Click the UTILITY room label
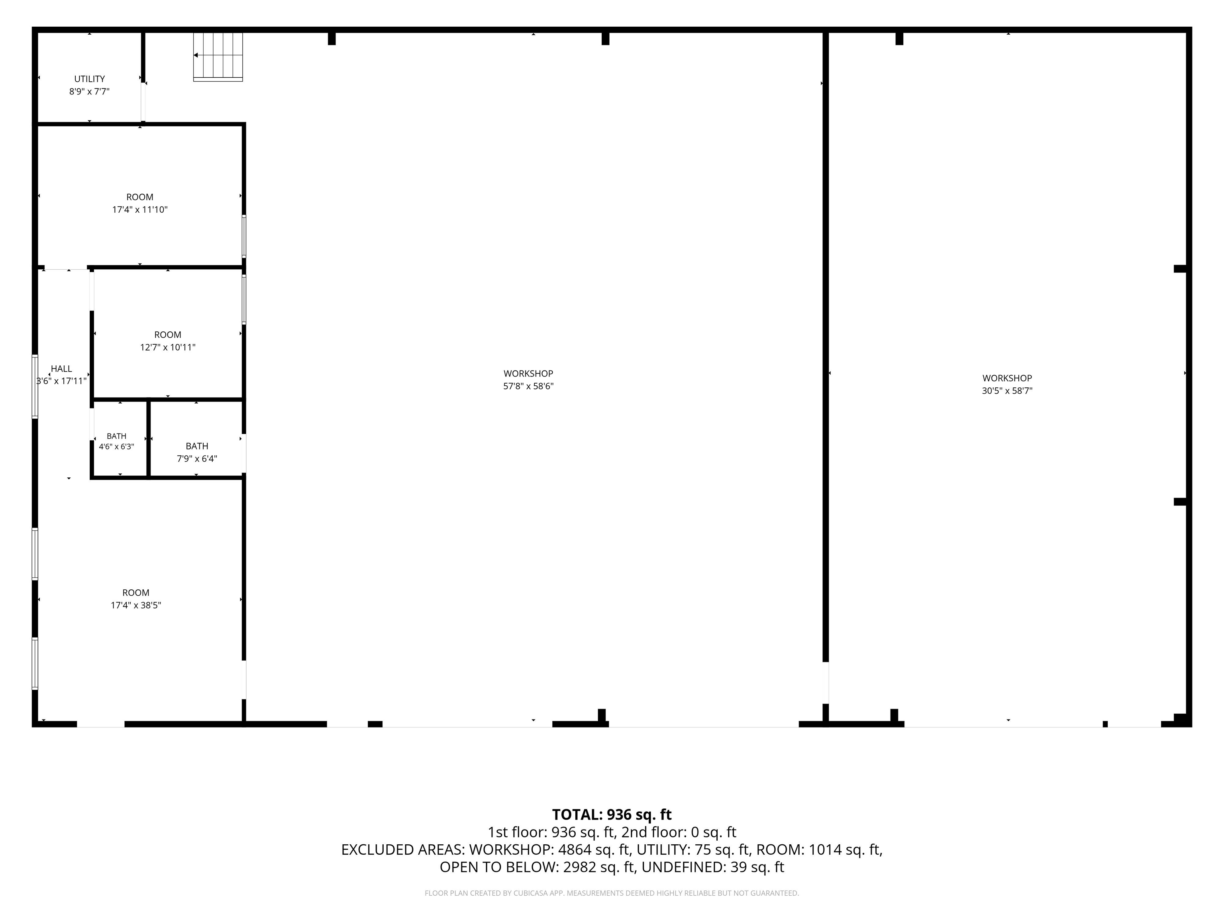(90, 79)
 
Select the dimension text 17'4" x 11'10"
(140, 210)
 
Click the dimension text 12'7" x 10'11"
(168, 347)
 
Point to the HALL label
(61, 369)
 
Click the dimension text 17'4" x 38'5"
(135, 605)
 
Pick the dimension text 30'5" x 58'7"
(1007, 390)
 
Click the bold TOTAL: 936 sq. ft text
(612, 814)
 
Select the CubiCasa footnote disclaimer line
(612, 893)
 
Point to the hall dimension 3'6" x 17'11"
(61, 381)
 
